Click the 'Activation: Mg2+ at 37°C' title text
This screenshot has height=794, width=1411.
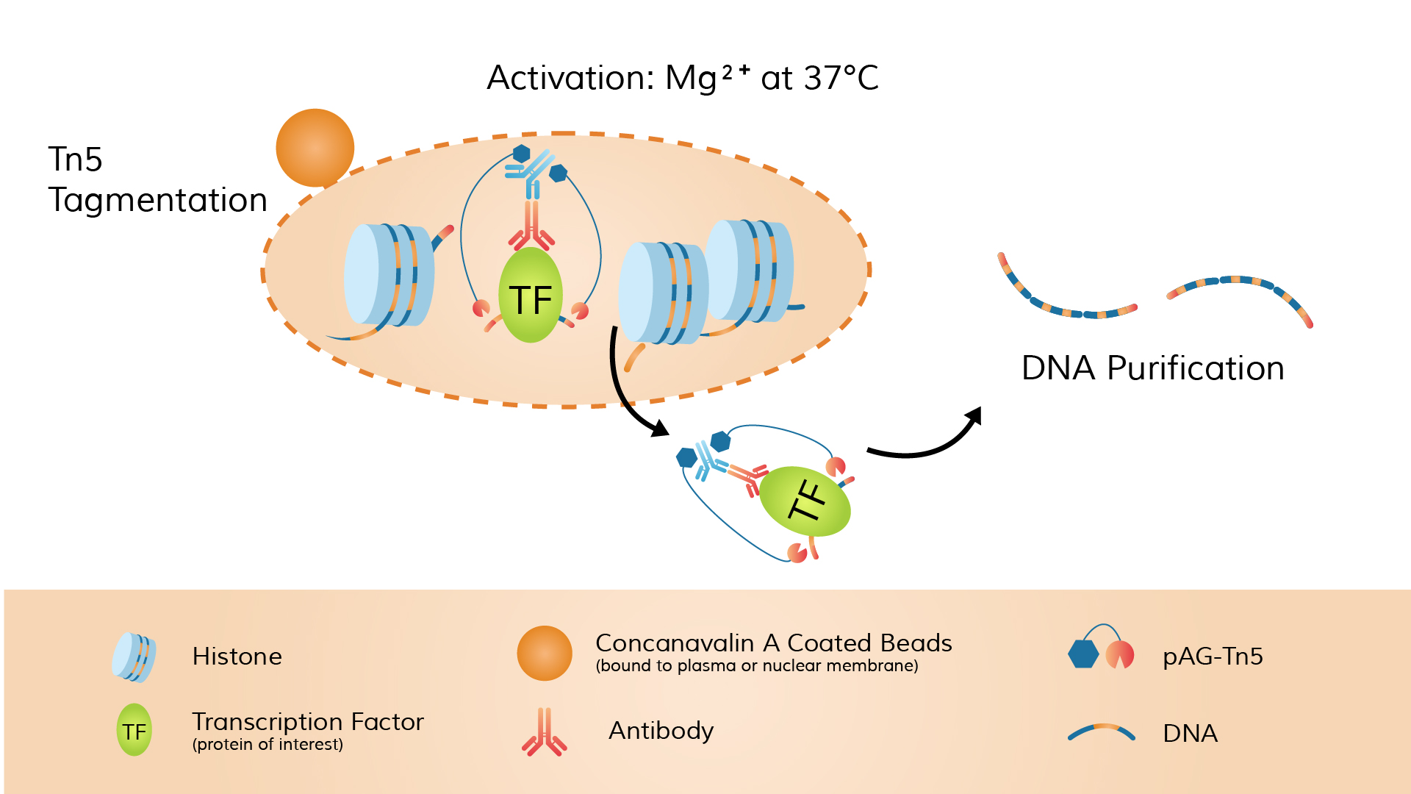[682, 78]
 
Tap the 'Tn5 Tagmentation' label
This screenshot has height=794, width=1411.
[157, 179]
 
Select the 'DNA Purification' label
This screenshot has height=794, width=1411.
[1152, 368]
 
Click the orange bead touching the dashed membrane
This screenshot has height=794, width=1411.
[315, 148]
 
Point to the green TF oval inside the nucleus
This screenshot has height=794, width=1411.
[530, 296]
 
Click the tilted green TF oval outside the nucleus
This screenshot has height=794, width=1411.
[805, 501]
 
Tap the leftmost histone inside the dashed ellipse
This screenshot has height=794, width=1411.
[388, 275]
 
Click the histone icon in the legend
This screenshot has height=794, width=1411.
[134, 657]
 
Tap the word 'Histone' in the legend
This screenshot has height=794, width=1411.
[237, 657]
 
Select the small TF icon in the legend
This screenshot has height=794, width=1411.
[134, 731]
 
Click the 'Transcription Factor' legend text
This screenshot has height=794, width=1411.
[307, 722]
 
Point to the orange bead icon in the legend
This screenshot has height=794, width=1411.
[544, 653]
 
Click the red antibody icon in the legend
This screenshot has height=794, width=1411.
[544, 732]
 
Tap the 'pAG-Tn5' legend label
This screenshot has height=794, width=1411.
[1213, 656]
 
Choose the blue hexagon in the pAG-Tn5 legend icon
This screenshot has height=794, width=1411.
[1083, 654]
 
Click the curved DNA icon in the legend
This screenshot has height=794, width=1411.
[1101, 732]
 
